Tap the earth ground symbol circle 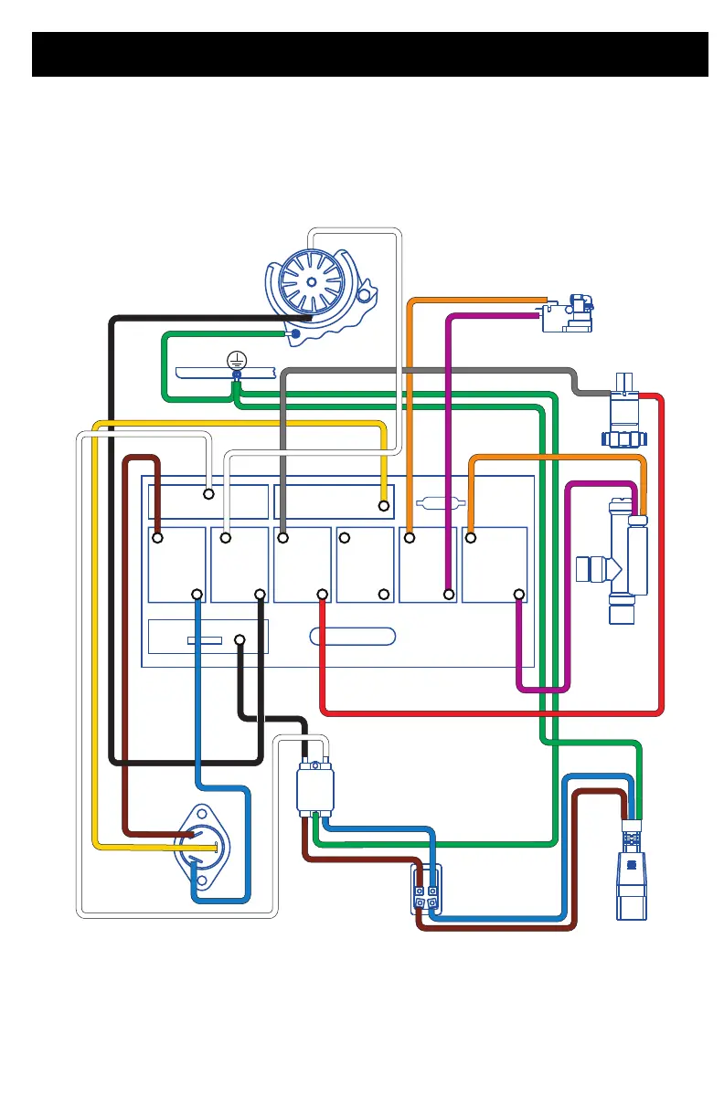point(236,360)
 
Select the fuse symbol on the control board point(441,501)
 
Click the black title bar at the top point(370,54)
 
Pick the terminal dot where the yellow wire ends point(384,505)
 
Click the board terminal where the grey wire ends point(282,538)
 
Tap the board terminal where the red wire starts point(323,595)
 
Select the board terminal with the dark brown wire point(157,538)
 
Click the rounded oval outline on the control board point(353,636)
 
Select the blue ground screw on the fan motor point(295,334)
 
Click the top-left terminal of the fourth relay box point(345,538)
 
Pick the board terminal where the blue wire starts point(197,595)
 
